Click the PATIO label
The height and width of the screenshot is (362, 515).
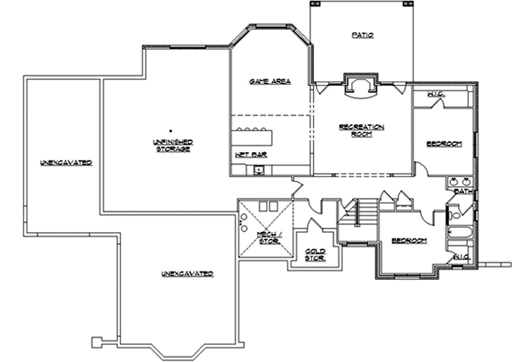[x=362, y=35]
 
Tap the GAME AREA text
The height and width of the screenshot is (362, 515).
[x=270, y=82]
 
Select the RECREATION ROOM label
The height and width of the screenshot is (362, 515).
[x=361, y=130]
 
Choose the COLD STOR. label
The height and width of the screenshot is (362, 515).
[x=315, y=254]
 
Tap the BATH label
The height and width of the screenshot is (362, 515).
[x=463, y=191]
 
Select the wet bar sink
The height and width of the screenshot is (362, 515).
[x=259, y=169]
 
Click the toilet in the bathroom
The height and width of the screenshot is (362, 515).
[x=455, y=211]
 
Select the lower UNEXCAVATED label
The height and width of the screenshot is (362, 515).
[x=187, y=273]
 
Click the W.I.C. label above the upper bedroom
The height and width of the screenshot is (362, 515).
[x=436, y=94]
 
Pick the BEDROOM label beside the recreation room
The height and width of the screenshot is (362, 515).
[x=444, y=144]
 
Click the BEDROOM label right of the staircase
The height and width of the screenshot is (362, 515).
[x=410, y=241]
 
